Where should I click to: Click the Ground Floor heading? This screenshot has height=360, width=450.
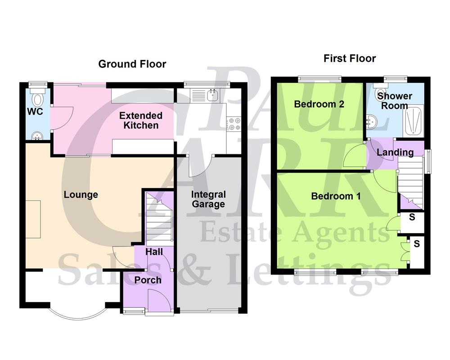pos(132,64)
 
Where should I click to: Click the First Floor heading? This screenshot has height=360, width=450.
pos(350,58)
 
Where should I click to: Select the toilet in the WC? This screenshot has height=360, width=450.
pos(38,98)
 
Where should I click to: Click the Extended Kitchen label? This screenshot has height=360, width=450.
pos(141,120)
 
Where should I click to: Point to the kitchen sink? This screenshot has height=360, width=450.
pos(212,94)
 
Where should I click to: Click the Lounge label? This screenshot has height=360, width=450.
pos(81,194)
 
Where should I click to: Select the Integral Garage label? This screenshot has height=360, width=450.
pos(208,199)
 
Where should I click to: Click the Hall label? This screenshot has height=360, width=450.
pos(154,252)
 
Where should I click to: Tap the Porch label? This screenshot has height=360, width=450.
pos(148,280)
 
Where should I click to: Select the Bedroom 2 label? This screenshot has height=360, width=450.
pos(319,104)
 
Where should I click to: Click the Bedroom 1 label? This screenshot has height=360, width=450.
pos(336,196)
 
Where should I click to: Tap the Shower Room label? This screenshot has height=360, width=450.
pos(395,101)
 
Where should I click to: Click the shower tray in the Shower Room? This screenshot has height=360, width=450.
pos(413,120)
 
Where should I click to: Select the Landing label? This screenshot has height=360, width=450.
pos(395,152)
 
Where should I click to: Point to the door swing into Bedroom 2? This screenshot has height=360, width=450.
pos(355,155)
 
